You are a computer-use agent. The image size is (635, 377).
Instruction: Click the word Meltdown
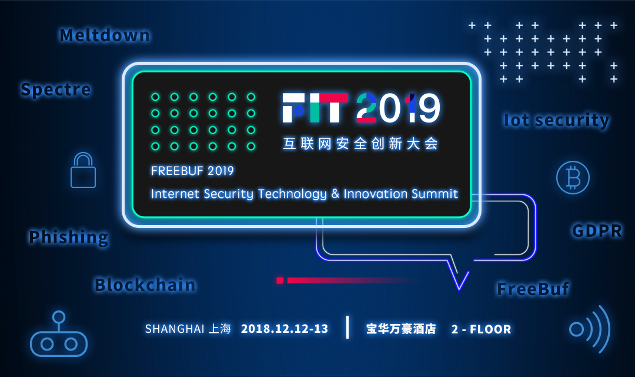coord(105,35)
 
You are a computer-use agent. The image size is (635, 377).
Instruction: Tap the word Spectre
coord(56,90)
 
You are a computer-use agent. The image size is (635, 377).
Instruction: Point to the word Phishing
coord(69,237)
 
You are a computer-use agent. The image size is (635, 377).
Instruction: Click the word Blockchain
coord(145,285)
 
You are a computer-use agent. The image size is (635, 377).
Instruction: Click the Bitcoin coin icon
coord(573,178)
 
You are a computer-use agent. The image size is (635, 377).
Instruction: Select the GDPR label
coord(597,231)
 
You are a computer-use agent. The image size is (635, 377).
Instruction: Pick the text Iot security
coord(556,121)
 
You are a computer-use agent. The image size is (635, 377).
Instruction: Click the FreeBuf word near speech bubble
coord(533,289)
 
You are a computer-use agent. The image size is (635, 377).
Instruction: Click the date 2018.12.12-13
coord(285,329)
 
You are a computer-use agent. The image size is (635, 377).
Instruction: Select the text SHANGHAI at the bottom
coord(175,329)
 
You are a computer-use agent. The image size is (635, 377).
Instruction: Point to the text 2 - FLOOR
coord(482,329)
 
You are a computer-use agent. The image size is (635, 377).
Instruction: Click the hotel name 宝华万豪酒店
coord(401,329)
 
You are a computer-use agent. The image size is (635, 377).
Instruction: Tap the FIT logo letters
coord(316,108)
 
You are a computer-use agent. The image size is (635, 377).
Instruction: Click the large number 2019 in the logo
coord(399,108)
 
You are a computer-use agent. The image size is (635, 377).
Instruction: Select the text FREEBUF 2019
coord(192,171)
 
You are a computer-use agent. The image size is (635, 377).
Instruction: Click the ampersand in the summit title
coord(335,194)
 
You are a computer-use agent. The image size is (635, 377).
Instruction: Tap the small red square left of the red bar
coord(279,280)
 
